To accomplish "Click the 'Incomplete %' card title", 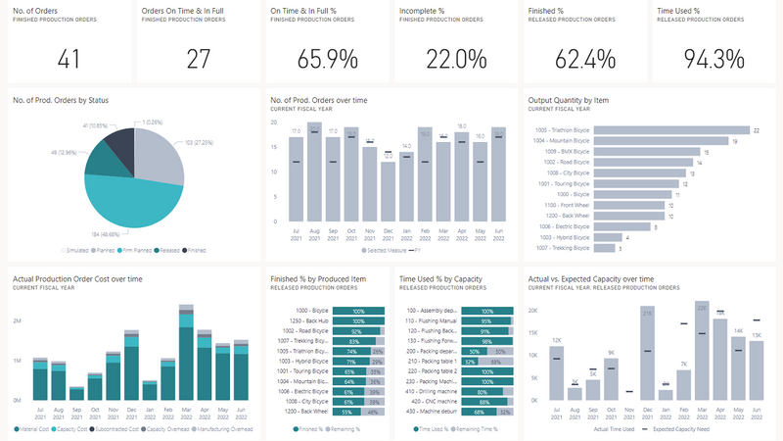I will pos(424,11).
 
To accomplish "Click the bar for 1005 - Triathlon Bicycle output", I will pos(667,130).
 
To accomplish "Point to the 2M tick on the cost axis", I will pos(17,320).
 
